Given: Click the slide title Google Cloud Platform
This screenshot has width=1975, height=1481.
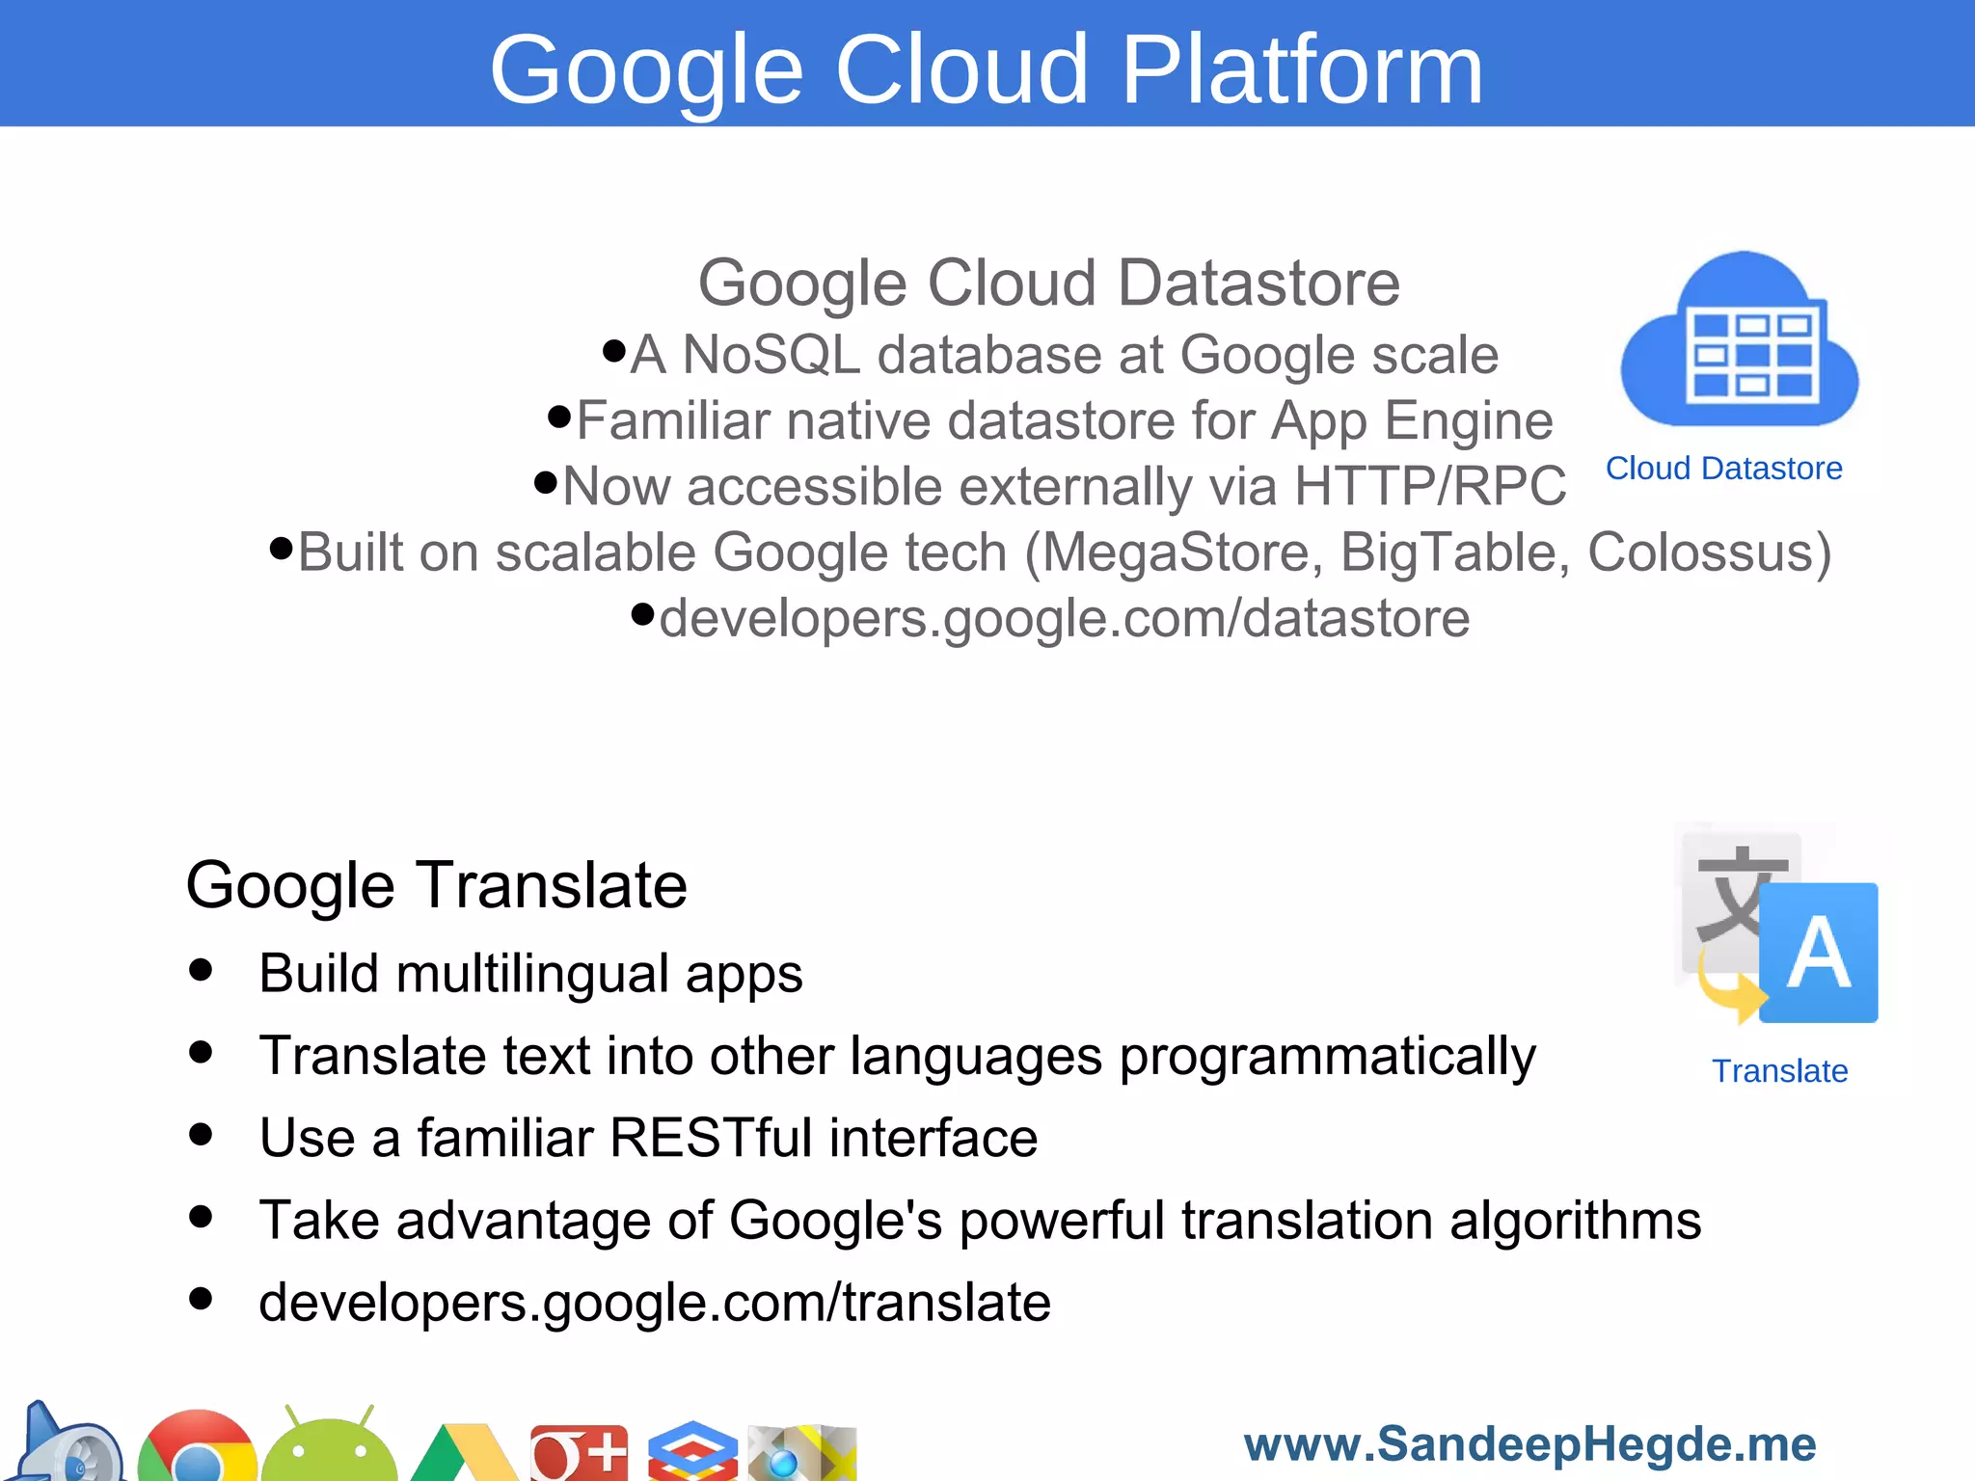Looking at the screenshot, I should [x=986, y=69].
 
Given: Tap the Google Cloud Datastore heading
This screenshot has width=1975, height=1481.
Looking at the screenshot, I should [x=1048, y=283].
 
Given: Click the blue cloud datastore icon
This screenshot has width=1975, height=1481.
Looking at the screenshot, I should [x=1740, y=342].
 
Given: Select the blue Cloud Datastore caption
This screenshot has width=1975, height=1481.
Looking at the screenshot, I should [x=1723, y=469].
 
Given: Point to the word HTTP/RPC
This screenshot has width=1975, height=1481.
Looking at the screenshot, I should [x=1430, y=486].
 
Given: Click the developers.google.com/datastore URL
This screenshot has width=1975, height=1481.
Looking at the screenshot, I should [x=1065, y=618].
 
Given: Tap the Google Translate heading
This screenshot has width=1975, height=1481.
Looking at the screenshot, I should [x=436, y=885].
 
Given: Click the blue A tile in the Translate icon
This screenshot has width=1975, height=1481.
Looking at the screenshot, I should [x=1819, y=953].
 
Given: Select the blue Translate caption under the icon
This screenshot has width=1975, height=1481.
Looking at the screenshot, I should [x=1779, y=1071].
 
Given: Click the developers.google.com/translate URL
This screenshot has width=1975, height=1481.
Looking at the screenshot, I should [x=655, y=1303].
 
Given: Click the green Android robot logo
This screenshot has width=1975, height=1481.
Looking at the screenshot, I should [x=329, y=1446].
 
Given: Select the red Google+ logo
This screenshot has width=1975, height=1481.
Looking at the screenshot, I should [x=579, y=1452].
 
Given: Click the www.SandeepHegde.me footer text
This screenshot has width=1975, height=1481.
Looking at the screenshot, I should [x=1529, y=1444].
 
